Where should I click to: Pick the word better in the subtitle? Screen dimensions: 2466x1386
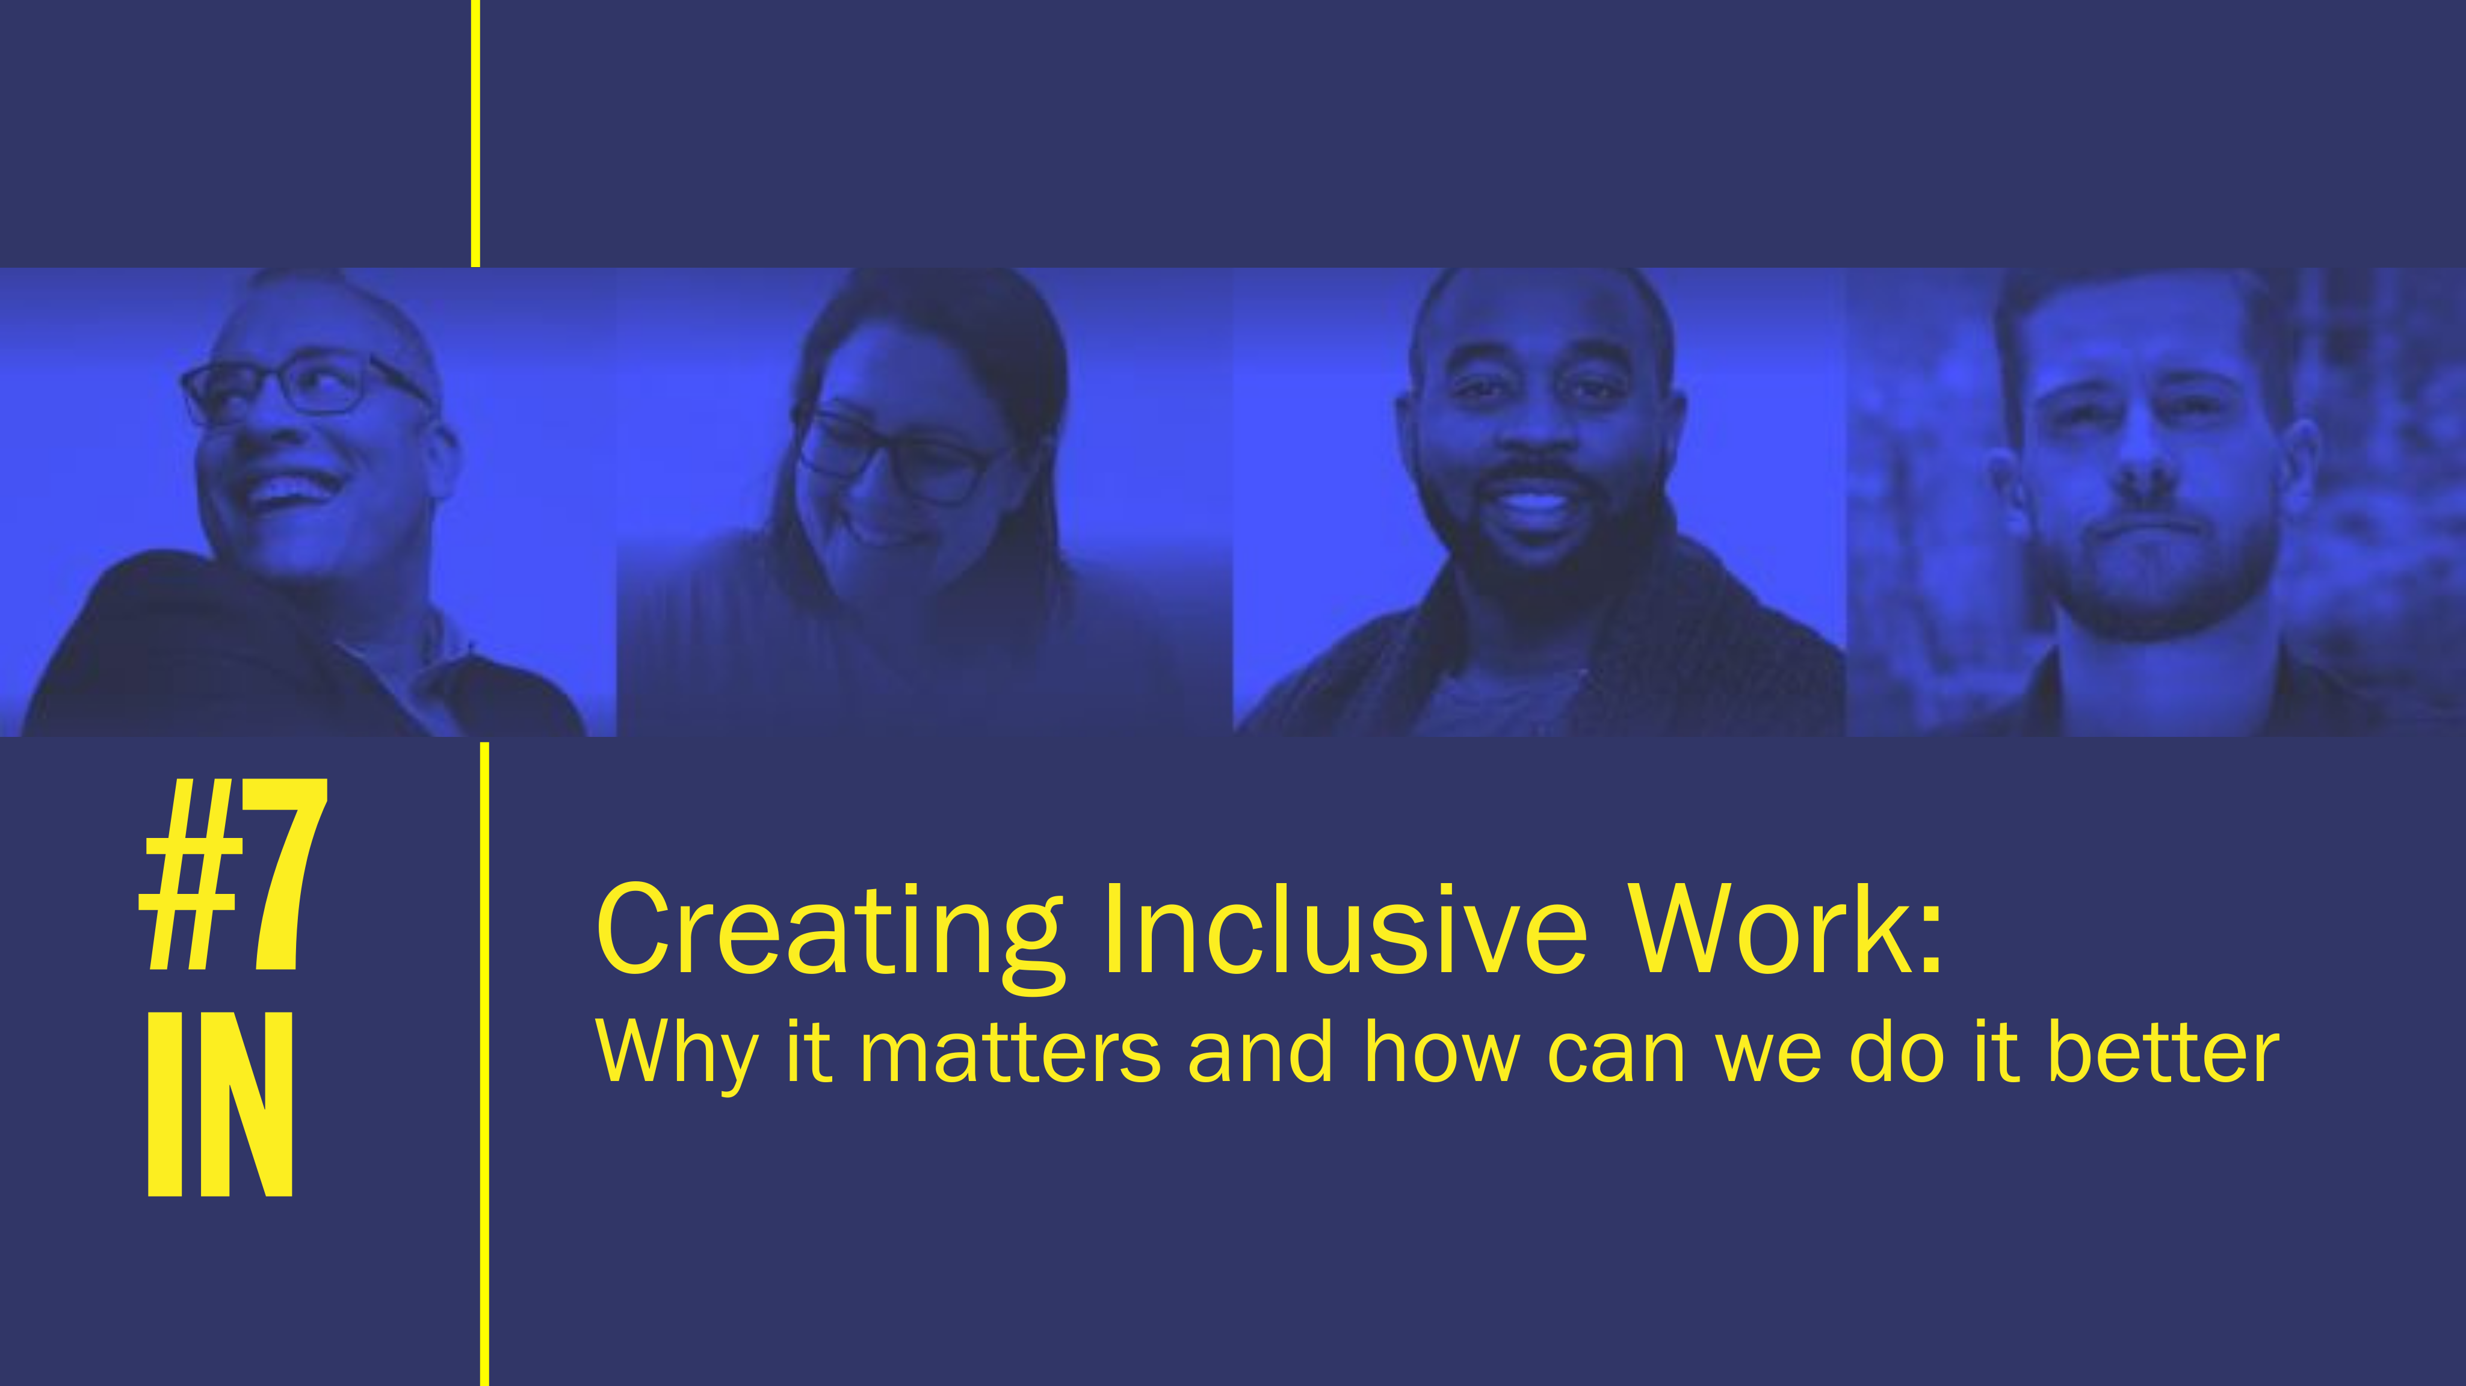(2163, 1050)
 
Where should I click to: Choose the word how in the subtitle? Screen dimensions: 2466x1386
(1442, 1050)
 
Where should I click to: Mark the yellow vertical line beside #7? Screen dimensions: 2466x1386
(484, 1064)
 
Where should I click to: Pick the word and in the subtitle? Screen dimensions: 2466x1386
(1260, 1050)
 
